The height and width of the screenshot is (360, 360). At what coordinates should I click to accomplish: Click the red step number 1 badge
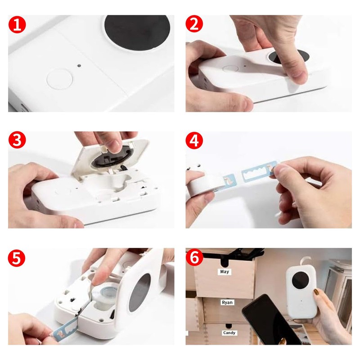tap(17, 25)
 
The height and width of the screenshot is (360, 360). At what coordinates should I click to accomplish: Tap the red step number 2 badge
tap(194, 24)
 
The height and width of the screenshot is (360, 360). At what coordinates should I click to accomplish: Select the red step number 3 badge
tap(17, 140)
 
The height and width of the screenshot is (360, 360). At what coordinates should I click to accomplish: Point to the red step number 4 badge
tap(194, 140)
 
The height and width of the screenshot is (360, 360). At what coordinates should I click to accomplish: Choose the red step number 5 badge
tap(17, 258)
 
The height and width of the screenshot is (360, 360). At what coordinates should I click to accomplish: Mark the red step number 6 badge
tap(194, 257)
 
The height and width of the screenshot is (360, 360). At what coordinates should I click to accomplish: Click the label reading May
tap(224, 272)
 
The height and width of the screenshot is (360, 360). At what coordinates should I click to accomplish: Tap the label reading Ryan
tap(227, 302)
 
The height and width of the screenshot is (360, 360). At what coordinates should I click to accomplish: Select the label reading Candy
tap(229, 333)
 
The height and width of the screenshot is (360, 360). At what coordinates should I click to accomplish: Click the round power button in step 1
tap(59, 78)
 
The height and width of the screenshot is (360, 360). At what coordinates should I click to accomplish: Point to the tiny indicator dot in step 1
tap(79, 66)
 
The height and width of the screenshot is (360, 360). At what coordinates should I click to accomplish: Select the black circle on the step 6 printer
tap(301, 280)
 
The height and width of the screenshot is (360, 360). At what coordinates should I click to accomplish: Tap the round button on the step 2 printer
tap(230, 69)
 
